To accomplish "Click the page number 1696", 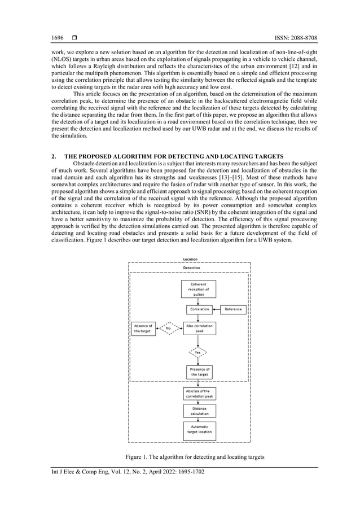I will (x=57, y=37).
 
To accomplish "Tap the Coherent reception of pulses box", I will (x=198, y=289).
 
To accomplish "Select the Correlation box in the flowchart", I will (x=198, y=309).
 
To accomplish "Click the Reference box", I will (x=233, y=309).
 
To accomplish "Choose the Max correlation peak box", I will (x=198, y=328).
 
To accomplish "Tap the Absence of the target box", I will (x=143, y=328).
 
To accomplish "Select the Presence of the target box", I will (x=198, y=372).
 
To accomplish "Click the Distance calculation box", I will (x=198, y=411).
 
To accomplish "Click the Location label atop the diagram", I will (x=190, y=259).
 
